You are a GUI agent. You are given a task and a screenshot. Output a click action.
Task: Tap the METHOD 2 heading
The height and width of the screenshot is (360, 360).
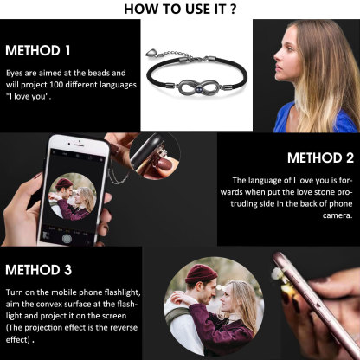click(x=319, y=157)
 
